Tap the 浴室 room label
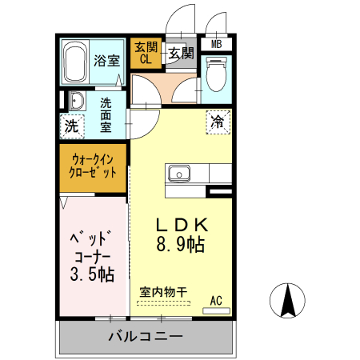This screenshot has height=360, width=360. click(106, 60)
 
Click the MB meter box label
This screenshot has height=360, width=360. click(216, 44)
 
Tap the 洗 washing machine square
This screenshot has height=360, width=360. click(72, 126)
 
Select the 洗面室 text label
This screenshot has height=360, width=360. click(108, 114)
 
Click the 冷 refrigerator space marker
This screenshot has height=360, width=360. click(218, 122)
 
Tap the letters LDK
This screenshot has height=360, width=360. click(181, 224)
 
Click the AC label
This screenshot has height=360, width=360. click(216, 300)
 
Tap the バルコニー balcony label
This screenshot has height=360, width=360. click(145, 337)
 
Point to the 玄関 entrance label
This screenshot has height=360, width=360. click(180, 54)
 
